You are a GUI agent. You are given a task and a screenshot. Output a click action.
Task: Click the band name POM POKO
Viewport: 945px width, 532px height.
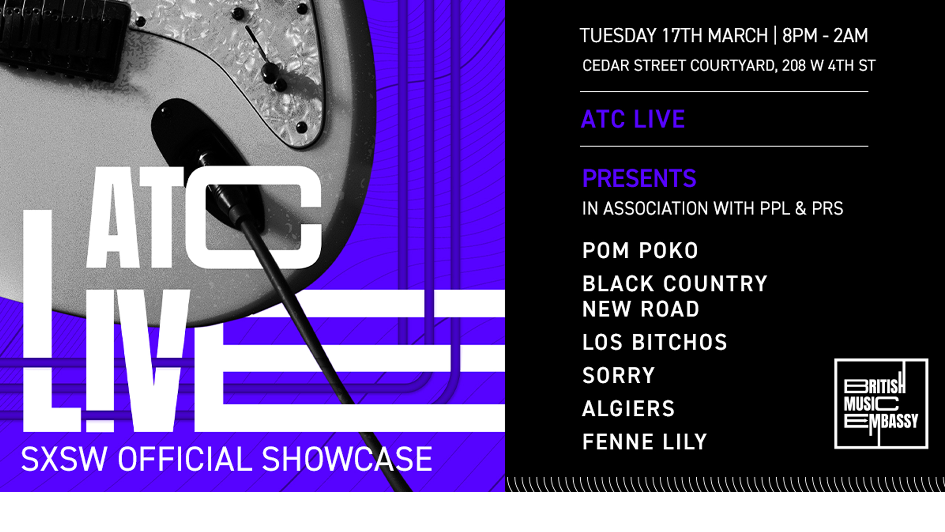click(x=640, y=250)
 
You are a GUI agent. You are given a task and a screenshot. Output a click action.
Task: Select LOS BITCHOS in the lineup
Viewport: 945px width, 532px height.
click(x=654, y=342)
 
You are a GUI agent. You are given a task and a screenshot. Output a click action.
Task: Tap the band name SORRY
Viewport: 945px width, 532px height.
click(x=618, y=375)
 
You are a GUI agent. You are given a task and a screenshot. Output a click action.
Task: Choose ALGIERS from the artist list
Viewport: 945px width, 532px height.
click(x=628, y=409)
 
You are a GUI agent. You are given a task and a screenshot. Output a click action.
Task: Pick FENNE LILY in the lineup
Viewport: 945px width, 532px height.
click(x=644, y=442)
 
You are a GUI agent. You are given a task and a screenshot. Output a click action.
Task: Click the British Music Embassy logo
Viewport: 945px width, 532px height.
click(x=881, y=403)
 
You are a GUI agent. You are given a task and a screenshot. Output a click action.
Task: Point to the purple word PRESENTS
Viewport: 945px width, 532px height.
click(x=639, y=178)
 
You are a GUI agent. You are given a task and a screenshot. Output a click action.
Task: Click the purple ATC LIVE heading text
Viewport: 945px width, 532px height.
click(x=633, y=119)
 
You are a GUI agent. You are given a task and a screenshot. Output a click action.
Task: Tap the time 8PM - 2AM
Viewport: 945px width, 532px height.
click(x=825, y=36)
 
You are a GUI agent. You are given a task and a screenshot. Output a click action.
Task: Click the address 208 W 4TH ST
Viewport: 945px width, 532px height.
click(x=828, y=66)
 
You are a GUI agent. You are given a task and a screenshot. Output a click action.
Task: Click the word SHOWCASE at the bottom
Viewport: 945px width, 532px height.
click(x=347, y=459)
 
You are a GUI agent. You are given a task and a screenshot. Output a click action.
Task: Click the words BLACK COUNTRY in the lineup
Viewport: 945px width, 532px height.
click(x=674, y=284)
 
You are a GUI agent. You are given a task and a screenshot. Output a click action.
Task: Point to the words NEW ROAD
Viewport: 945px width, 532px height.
click(x=640, y=309)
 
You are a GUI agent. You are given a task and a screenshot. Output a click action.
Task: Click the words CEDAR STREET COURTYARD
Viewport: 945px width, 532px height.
click(x=679, y=66)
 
